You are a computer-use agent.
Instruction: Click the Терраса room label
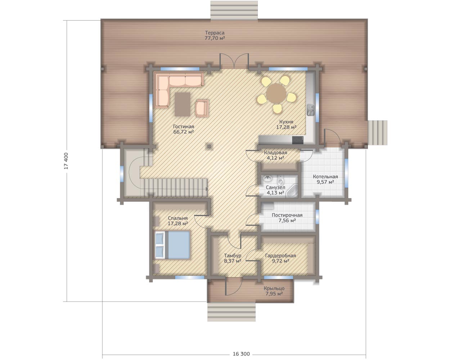click(215, 33)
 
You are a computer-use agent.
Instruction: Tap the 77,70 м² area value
click(215, 38)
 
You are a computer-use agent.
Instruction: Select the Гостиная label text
click(184, 127)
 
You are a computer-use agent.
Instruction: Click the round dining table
click(276, 93)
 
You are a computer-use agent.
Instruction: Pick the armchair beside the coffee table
click(202, 108)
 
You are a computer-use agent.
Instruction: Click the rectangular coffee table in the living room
click(183, 104)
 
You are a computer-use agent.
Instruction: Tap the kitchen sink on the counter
click(311, 110)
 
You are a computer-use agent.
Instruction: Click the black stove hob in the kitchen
click(298, 140)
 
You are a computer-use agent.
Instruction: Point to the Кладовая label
click(275, 153)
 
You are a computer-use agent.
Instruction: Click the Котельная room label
click(325, 176)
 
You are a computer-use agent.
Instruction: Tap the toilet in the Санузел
click(280, 180)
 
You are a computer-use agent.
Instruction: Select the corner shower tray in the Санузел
click(292, 191)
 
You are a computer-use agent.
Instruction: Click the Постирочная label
click(287, 215)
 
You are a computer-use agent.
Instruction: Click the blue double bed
click(172, 245)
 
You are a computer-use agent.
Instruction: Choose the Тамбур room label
click(233, 256)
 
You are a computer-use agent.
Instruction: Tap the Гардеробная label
click(280, 256)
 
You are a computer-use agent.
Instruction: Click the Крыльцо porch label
click(274, 288)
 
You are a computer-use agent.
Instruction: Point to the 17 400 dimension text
click(66, 161)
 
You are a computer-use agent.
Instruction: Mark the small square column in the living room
click(209, 146)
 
